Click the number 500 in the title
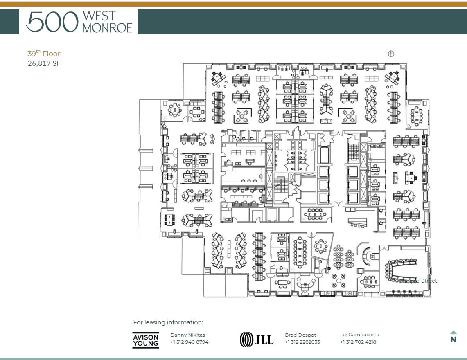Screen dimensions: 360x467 pyautogui.click(x=52, y=22)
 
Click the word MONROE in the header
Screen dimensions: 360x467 pyautogui.click(x=107, y=27)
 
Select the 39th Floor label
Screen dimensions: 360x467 pyautogui.click(x=44, y=54)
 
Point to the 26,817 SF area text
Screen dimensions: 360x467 pyautogui.click(x=44, y=63)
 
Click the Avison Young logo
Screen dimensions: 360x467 pyautogui.click(x=146, y=340)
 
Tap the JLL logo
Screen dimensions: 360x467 pyautogui.click(x=257, y=340)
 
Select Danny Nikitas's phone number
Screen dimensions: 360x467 pyautogui.click(x=189, y=342)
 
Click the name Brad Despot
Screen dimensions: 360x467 pyautogui.click(x=300, y=335)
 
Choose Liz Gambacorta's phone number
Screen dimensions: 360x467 pyautogui.click(x=358, y=342)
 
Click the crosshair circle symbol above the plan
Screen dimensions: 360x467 pyautogui.click(x=391, y=54)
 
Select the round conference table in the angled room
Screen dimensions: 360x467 pyautogui.click(x=320, y=246)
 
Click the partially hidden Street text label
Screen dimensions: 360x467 pyautogui.click(x=428, y=281)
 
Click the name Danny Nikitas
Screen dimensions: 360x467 pyautogui.click(x=187, y=335)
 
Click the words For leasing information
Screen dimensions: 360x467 pyautogui.click(x=168, y=322)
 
